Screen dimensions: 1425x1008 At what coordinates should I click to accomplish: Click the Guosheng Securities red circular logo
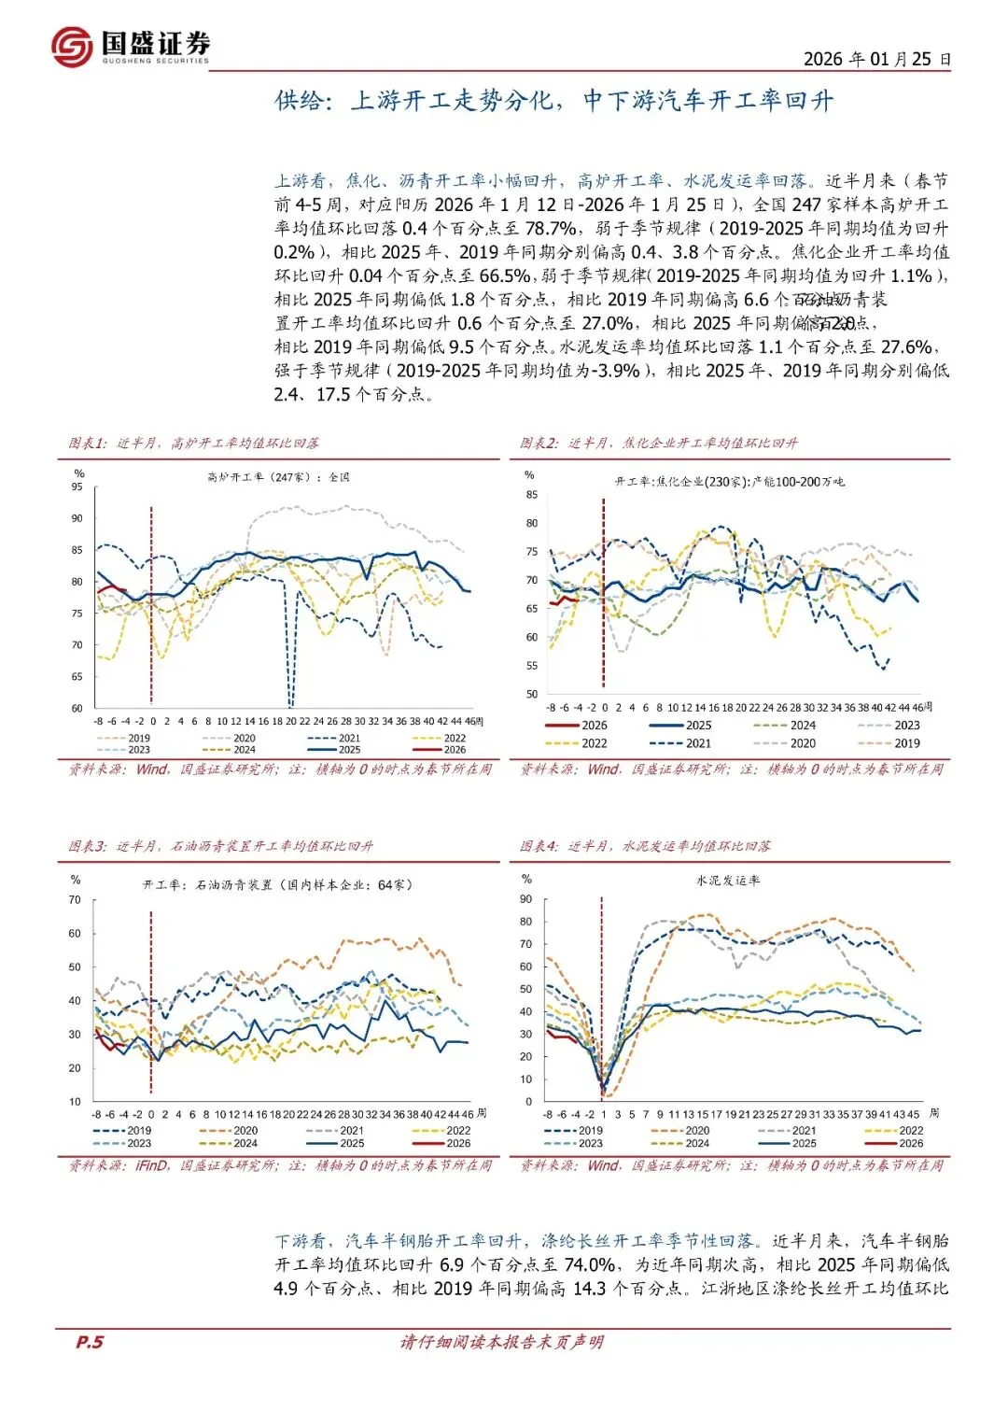pyautogui.click(x=72, y=46)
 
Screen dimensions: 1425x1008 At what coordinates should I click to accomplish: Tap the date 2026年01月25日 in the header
pyautogui.click(x=876, y=59)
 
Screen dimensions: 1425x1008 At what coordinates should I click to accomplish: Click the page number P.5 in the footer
pyautogui.click(x=90, y=1342)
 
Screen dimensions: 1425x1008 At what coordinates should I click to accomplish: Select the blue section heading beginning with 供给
pyautogui.click(x=553, y=100)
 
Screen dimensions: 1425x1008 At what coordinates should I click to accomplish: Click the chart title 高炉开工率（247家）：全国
pyautogui.click(x=278, y=477)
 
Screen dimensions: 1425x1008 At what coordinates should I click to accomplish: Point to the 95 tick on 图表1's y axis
pyautogui.click(x=77, y=487)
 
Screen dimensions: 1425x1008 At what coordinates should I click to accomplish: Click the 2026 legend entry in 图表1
pyautogui.click(x=454, y=750)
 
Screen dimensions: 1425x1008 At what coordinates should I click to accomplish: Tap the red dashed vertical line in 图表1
pyautogui.click(x=151, y=607)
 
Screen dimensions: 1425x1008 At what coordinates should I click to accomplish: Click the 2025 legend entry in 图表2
pyautogui.click(x=697, y=726)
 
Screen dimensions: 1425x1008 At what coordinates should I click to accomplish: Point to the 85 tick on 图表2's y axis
pyautogui.click(x=532, y=495)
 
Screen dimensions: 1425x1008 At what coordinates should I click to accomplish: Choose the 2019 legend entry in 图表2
pyautogui.click(x=906, y=743)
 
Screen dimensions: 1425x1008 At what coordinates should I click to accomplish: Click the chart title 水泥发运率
pyautogui.click(x=728, y=880)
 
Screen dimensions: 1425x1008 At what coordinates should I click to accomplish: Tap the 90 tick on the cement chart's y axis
pyautogui.click(x=526, y=899)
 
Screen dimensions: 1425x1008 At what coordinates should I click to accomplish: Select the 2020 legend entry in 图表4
pyautogui.click(x=696, y=1130)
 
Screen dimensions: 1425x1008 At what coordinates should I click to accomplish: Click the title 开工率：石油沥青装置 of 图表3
pyautogui.click(x=277, y=884)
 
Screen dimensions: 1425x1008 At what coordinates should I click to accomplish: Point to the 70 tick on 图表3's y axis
pyautogui.click(x=75, y=900)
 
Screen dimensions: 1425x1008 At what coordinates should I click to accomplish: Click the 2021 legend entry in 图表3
pyautogui.click(x=351, y=1130)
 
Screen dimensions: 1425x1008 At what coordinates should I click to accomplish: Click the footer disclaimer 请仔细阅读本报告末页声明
pyautogui.click(x=502, y=1342)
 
